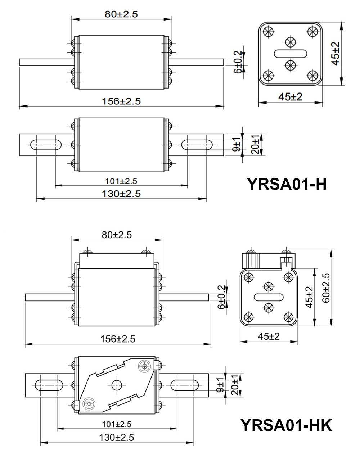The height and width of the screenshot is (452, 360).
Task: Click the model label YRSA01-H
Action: point(287,184)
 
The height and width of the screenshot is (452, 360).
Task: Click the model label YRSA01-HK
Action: point(286,425)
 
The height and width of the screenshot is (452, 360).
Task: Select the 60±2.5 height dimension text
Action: point(326,288)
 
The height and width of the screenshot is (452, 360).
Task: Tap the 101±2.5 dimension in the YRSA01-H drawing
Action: point(121,181)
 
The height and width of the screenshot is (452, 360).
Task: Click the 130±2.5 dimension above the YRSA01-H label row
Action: point(121,194)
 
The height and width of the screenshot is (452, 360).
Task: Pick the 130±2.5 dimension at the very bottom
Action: point(116,438)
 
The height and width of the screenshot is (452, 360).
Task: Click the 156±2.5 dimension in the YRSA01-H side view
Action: point(121,101)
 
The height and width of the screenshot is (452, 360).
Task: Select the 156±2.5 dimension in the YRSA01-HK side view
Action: point(118,339)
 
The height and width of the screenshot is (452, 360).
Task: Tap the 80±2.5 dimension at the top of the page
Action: point(121,14)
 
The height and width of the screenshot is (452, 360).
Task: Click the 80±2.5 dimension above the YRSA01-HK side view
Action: point(117,235)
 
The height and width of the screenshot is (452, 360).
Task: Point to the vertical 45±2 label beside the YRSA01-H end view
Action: point(336,54)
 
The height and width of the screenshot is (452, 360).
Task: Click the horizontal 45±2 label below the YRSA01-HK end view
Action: point(269,336)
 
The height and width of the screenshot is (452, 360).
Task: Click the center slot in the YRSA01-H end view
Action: point(291,54)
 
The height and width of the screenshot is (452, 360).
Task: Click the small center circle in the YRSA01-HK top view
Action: point(116,385)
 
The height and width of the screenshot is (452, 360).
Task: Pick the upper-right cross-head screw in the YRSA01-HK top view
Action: point(144,367)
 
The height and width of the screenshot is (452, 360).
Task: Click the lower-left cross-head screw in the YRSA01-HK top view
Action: point(89,403)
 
